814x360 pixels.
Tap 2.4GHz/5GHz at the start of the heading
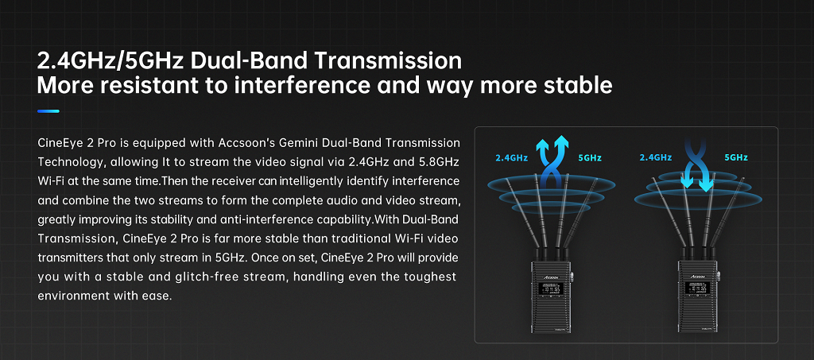click(110, 60)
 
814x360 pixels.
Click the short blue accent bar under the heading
click(48, 111)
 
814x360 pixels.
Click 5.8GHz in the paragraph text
click(440, 162)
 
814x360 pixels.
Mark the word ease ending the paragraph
click(159, 296)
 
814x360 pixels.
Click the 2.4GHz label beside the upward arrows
click(512, 157)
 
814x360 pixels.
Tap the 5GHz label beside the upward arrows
click(591, 157)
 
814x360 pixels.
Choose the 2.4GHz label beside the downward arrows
click(656, 157)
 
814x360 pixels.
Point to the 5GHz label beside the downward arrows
click(736, 157)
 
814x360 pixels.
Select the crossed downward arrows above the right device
click(696, 165)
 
